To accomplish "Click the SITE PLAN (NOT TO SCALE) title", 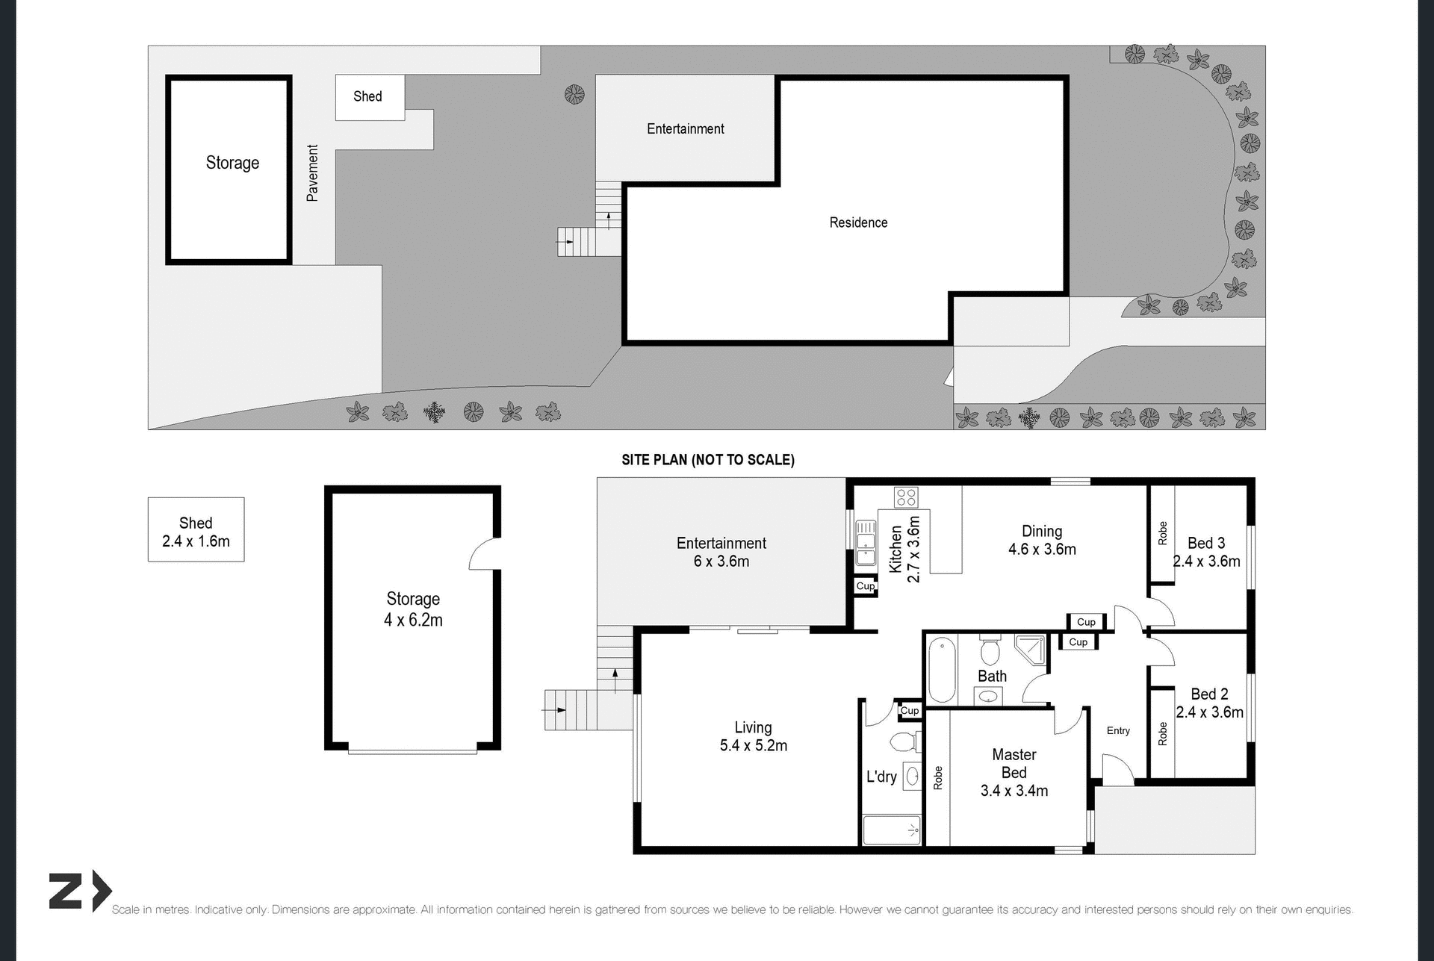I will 707,460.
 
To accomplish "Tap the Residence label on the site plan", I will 858,223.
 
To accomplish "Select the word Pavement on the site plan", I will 313,173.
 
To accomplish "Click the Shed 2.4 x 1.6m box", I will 196,530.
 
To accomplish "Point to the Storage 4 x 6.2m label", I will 413,609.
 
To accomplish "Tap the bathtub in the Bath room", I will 942,669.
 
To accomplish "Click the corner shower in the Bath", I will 1031,650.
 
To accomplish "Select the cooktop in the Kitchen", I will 906,497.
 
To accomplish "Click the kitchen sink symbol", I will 866,542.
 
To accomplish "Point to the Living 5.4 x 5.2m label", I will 753,736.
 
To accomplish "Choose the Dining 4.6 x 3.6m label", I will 1042,540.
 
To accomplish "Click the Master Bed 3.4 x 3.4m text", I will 1014,773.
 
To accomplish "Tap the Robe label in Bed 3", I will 1162,533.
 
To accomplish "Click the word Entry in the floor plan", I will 1118,731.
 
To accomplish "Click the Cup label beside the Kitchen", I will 865,586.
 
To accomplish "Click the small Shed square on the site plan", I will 370,97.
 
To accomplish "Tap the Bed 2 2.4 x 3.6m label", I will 1209,703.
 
